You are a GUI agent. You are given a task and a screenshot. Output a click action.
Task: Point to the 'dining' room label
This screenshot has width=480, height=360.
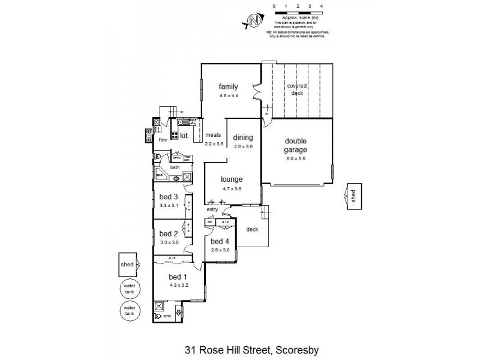tap(243, 137)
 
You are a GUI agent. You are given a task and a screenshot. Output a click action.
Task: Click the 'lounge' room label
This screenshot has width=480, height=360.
tap(231, 179)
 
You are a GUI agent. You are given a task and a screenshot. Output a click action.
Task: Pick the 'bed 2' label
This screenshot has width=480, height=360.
tap(169, 233)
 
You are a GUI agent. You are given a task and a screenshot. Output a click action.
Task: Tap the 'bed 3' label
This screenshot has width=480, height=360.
tap(169, 197)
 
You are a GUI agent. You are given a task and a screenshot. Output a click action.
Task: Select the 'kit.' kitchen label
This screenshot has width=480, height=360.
tap(185, 136)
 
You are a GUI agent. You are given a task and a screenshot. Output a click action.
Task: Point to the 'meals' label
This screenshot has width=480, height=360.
tap(214, 136)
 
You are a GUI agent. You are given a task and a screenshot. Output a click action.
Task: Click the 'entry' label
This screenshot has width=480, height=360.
tap(212, 209)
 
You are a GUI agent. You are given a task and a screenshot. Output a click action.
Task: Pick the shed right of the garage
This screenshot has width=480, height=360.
tap(354, 197)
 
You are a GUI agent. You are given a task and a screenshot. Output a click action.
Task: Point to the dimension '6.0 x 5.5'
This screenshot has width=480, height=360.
tap(296, 158)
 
